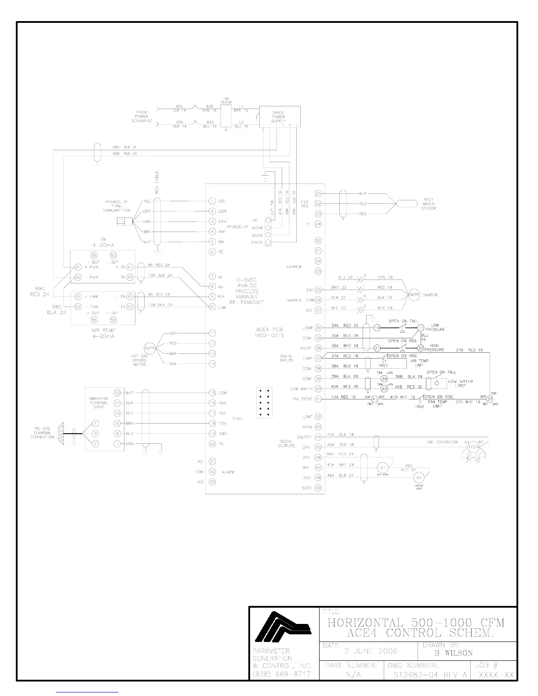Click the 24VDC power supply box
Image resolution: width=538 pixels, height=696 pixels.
[x=280, y=116]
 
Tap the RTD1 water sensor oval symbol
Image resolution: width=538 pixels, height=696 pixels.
[x=407, y=203]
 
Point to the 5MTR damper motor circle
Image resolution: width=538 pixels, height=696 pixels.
[x=414, y=295]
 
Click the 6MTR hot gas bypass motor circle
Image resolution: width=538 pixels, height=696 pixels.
[x=150, y=348]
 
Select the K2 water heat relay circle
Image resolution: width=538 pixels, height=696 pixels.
[x=419, y=478]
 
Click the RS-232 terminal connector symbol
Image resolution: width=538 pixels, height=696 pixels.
[x=61, y=433]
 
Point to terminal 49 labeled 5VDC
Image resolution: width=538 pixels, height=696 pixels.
[x=319, y=488]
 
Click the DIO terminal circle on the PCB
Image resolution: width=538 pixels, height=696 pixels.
[x=212, y=201]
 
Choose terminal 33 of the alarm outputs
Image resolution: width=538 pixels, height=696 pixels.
[x=212, y=482]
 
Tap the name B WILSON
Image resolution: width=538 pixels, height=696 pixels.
[x=453, y=653]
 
